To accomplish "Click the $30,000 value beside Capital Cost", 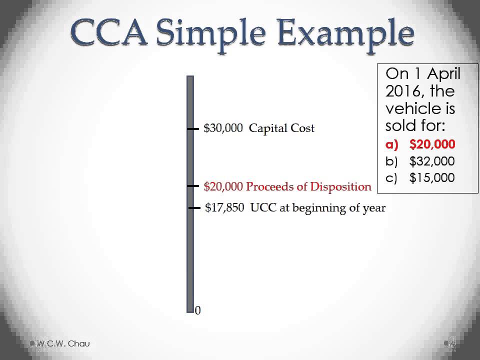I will coord(223,128).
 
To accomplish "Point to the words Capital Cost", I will coord(281,128).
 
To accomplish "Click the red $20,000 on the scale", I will coord(223,186).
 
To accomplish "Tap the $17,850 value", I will coord(225,208).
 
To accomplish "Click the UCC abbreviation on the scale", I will coord(263,208).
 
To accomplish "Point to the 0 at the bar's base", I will coord(198,310).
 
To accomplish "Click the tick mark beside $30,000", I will coord(192,129).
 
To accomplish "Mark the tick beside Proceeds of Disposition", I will coord(192,186).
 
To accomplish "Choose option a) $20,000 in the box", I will coord(420,144).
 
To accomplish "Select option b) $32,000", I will coord(420,161).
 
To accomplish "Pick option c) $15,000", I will coord(420,177).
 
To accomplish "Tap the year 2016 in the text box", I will coord(402,91).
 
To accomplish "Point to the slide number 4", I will coord(452,344).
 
